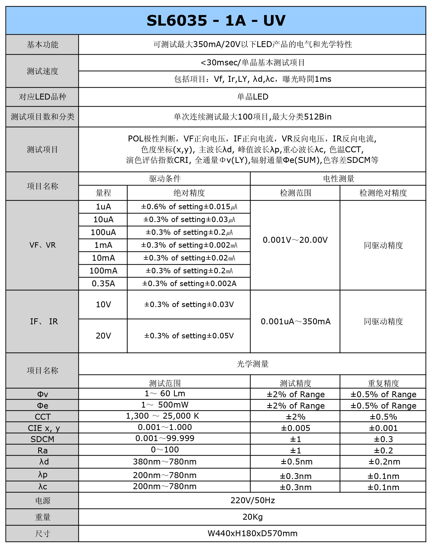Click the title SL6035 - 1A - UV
pos(216,20)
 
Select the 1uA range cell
pos(103,207)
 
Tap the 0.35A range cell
pos(103,283)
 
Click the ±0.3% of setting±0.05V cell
pos(189,336)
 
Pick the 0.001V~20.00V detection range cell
pos(295,240)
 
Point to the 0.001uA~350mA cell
pos(295,321)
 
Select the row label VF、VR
pos(42,245)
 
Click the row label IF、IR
pos(44,321)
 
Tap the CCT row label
pos(42,417)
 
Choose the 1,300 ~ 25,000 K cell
pos(162,416)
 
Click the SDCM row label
pos(42,439)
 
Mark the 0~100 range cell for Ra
pos(165,450)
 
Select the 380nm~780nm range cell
pos(165,462)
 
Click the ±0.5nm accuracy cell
pos(296,462)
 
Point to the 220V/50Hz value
pos(252,500)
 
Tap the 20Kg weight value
pos(252,517)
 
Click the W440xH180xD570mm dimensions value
pos(252,533)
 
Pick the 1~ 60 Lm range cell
pos(165,394)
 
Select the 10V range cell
pos(103,305)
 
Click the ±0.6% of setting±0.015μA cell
pos(189,207)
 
